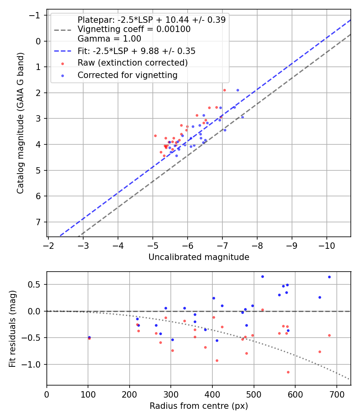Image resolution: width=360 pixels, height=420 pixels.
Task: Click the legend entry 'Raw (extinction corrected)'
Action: click(132, 63)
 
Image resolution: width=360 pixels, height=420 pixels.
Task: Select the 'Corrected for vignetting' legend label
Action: click(127, 75)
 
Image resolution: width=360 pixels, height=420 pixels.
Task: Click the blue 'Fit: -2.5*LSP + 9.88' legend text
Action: click(136, 51)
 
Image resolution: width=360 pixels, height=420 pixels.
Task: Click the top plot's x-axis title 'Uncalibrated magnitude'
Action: click(199, 257)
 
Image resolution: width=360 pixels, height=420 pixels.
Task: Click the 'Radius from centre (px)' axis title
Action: click(199, 406)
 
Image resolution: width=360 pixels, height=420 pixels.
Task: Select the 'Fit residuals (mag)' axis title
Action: click(12, 328)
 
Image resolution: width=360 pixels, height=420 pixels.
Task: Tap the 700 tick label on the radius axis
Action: click(336, 394)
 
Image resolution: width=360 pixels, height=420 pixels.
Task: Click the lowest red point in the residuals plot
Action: click(288, 372)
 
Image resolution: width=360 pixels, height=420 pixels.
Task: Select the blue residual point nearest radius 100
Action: click(89, 337)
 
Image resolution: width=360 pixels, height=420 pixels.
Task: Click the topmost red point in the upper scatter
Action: click(224, 90)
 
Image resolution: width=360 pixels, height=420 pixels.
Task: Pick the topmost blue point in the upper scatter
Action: click(238, 90)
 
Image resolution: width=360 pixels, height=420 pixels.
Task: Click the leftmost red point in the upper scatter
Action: click(155, 136)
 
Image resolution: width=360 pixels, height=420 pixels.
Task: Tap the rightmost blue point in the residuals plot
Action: click(329, 277)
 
